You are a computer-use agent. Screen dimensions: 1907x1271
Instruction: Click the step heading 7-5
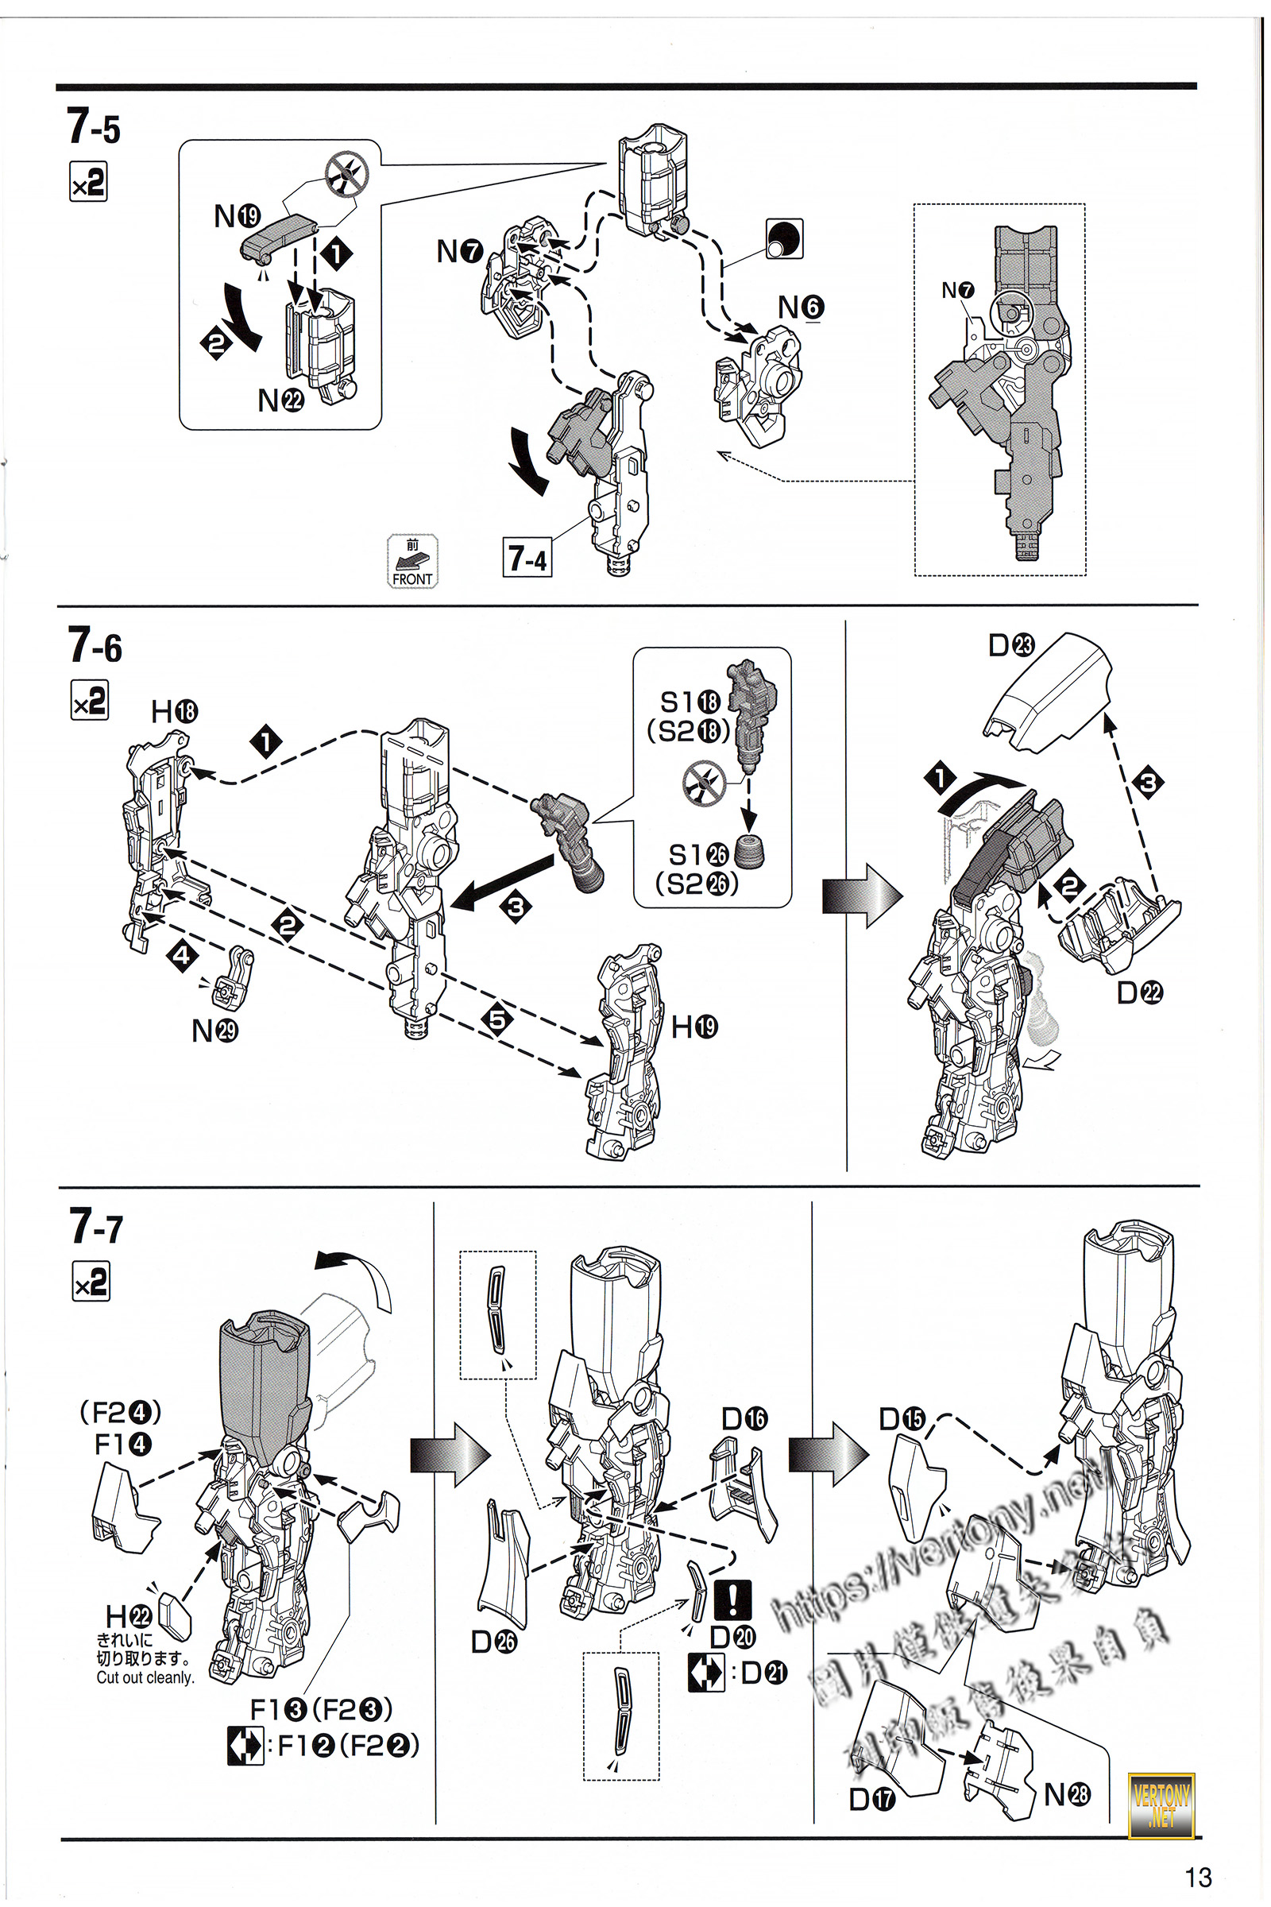[94, 127]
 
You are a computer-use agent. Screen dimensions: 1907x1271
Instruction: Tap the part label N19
[237, 215]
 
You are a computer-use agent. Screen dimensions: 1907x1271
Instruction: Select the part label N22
[280, 400]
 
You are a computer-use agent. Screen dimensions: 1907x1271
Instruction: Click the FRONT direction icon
[412, 561]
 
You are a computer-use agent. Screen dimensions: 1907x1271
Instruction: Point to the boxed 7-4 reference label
[527, 558]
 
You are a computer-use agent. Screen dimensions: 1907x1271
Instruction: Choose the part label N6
[801, 308]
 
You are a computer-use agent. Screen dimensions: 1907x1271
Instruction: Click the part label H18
[174, 712]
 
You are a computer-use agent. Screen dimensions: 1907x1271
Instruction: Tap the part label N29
[214, 1031]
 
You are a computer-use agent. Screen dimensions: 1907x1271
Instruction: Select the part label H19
[694, 1027]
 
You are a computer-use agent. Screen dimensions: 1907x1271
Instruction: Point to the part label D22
[1140, 992]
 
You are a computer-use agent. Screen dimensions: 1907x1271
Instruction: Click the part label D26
[493, 1642]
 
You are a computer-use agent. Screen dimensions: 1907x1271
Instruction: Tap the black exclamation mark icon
[732, 1598]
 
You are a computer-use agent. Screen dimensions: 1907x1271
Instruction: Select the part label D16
[744, 1418]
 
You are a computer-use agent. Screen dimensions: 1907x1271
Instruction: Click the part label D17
[872, 1799]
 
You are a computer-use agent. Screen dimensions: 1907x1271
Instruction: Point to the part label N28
[1067, 1794]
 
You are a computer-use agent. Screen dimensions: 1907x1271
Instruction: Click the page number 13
[1198, 1877]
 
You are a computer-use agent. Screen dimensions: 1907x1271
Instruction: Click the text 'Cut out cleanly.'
[146, 1677]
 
